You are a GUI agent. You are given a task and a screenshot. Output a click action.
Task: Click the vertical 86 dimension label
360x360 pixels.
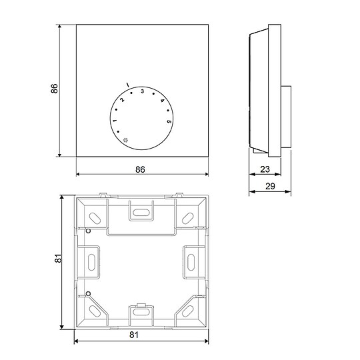click(54, 89)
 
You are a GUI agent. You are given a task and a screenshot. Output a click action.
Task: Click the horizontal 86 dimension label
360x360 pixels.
click(140, 170)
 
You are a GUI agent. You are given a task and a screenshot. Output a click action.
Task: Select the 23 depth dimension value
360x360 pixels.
click(265, 169)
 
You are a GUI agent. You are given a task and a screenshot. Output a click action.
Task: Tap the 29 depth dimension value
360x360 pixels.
click(270, 186)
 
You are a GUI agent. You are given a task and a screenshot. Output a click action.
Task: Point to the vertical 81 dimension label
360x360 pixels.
click(58, 258)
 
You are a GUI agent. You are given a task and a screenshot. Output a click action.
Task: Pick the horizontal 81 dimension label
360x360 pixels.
click(134, 335)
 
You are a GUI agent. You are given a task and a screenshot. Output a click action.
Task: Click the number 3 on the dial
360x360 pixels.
click(143, 91)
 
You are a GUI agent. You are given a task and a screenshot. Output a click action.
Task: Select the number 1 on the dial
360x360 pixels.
click(115, 120)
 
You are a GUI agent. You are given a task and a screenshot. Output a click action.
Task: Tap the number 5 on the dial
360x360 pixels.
click(169, 121)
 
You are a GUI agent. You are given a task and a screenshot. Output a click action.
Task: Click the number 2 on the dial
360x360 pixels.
click(122, 100)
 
